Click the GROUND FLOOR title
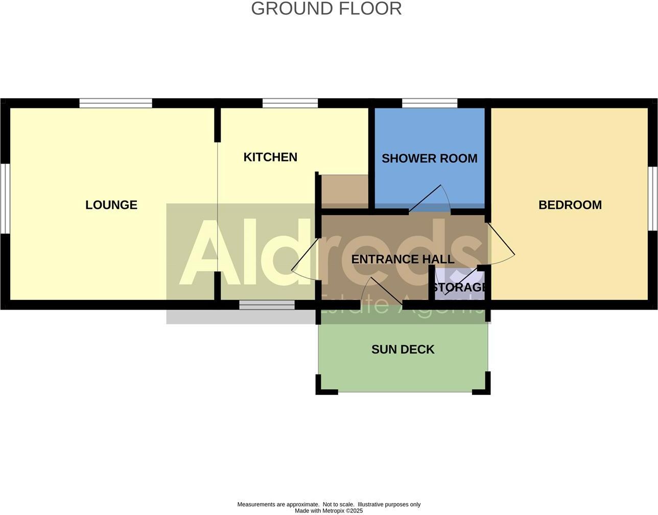click(326, 9)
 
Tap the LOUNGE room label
click(111, 205)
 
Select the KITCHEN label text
click(270, 157)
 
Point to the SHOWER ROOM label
click(429, 158)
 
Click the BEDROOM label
click(570, 205)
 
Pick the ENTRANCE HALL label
click(403, 259)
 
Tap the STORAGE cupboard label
click(460, 287)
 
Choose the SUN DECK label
click(403, 349)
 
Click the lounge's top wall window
click(116, 103)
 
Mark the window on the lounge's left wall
click(5, 198)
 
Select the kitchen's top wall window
click(290, 103)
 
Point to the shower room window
click(430, 103)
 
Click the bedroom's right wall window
click(653, 198)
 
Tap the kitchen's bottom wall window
click(267, 305)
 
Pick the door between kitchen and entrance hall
click(305, 258)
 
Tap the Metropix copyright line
click(328, 510)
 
